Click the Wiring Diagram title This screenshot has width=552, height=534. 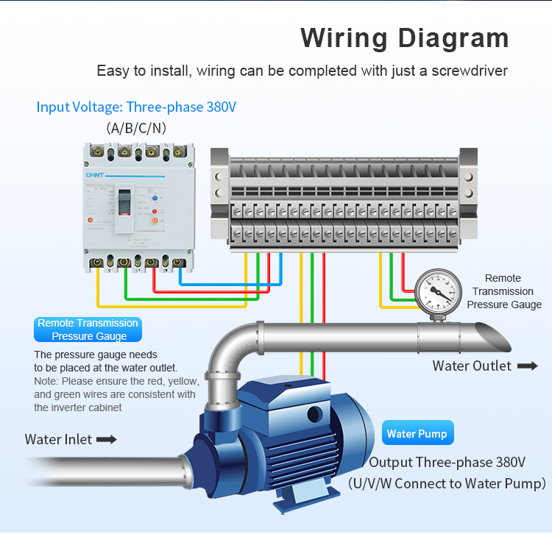pos(404,38)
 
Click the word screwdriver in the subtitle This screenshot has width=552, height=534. pos(469,71)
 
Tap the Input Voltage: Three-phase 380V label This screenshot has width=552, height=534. pos(136,107)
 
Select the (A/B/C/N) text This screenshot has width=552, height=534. pos(136,128)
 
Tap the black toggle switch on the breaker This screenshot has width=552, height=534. pos(125,202)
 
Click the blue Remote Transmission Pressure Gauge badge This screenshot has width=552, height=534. pos(88,330)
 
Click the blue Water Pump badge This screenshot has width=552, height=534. pos(417,433)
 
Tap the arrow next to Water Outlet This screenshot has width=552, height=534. pos(527,366)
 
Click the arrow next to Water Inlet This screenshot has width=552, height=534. pos(107,439)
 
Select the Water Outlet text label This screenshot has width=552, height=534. pos(472,366)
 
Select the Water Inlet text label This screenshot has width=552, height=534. pos(58,439)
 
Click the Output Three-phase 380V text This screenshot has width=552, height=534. pos(447,463)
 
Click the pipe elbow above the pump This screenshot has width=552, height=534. pos(224,353)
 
